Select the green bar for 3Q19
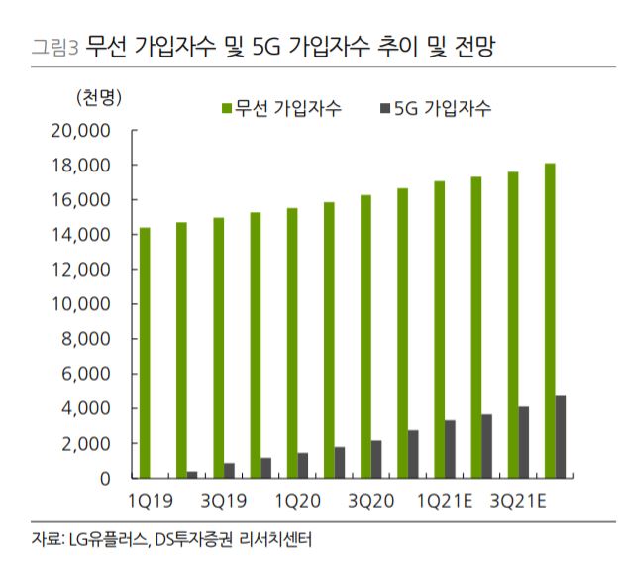pyautogui.click(x=218, y=348)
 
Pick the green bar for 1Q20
pyautogui.click(x=291, y=343)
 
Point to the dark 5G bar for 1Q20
pyautogui.click(x=302, y=465)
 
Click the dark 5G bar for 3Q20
pyautogui.click(x=375, y=459)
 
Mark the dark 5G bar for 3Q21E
pyautogui.click(x=523, y=442)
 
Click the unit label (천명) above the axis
pyautogui.click(x=96, y=97)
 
